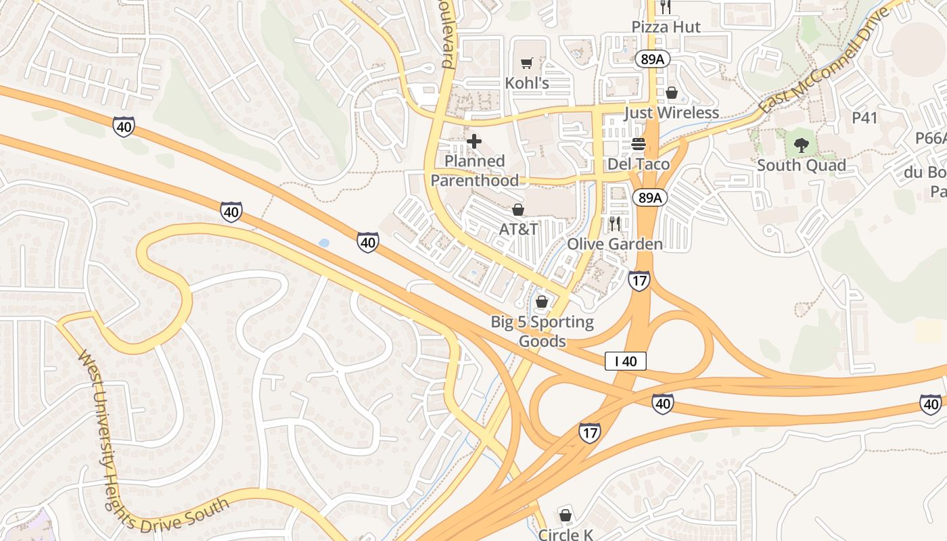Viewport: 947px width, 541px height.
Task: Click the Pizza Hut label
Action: click(x=666, y=27)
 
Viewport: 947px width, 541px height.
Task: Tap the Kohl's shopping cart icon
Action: click(x=527, y=64)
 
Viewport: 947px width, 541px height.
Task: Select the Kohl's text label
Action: click(x=527, y=83)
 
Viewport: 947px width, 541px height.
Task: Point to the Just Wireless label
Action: click(x=671, y=112)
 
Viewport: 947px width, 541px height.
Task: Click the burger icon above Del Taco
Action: click(x=638, y=144)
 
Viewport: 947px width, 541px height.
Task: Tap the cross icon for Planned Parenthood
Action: click(x=474, y=141)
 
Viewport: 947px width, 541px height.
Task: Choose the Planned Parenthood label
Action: click(x=475, y=171)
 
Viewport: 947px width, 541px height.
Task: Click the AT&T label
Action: click(x=519, y=229)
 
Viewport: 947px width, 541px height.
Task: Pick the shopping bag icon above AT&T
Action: click(x=518, y=210)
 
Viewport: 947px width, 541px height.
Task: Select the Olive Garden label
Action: click(x=615, y=243)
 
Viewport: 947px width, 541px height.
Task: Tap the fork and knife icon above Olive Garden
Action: click(x=614, y=222)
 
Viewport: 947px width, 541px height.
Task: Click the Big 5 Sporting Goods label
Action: click(x=542, y=331)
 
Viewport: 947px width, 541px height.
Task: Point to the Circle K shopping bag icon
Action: click(x=565, y=515)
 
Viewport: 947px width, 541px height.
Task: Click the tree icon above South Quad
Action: click(x=801, y=144)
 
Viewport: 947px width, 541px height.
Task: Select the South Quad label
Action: click(x=801, y=166)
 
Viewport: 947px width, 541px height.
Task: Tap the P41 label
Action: click(x=864, y=118)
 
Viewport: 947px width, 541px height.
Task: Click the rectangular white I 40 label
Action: click(x=626, y=361)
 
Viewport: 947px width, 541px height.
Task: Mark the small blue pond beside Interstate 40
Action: click(x=323, y=242)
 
